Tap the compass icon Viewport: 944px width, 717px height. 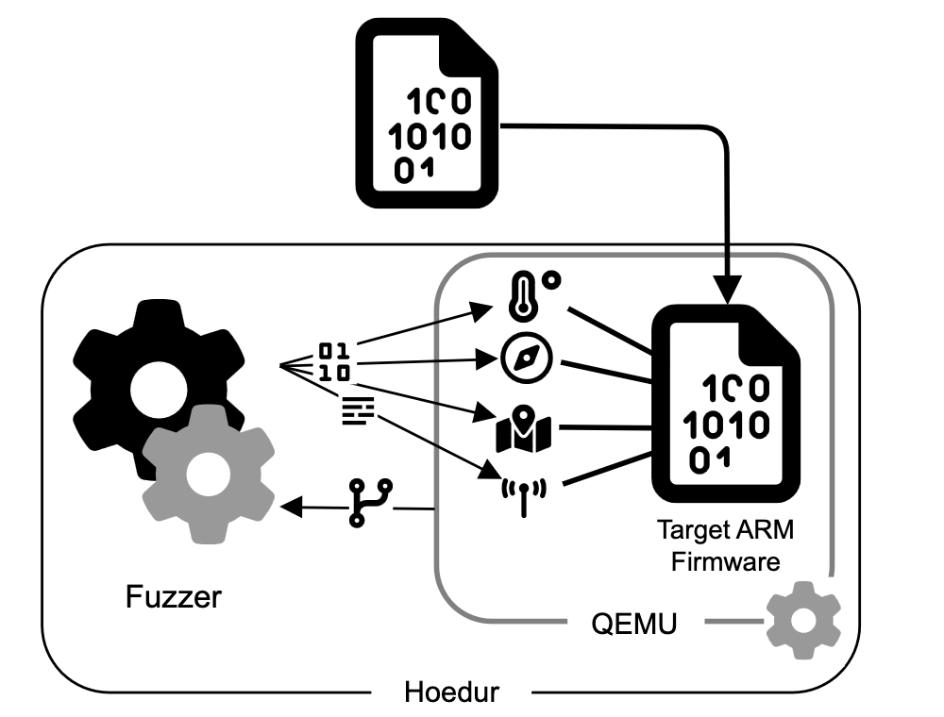[x=522, y=359]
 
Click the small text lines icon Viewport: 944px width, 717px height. [x=358, y=409]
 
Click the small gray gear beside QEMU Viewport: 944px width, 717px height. [x=802, y=620]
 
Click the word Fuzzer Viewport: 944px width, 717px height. [x=174, y=597]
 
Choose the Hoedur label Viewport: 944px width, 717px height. [x=451, y=692]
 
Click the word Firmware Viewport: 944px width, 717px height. [x=726, y=562]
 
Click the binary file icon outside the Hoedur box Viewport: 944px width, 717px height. [x=428, y=116]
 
